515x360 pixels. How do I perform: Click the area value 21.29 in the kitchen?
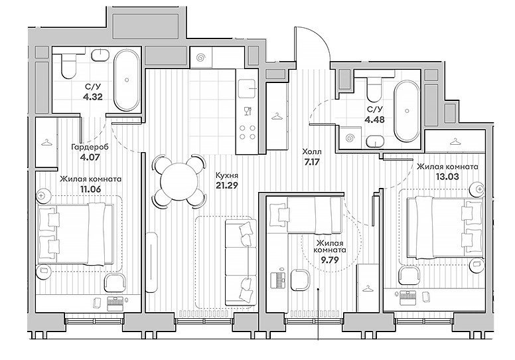226,185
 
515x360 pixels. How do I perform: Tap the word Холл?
312,152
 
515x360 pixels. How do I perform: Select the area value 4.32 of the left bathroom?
94,97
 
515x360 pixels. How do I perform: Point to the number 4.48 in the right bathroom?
374,119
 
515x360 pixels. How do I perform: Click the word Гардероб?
90,147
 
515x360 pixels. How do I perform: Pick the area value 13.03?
447,176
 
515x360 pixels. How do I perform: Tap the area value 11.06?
91,189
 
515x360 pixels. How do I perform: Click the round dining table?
179,181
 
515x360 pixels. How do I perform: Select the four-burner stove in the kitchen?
248,132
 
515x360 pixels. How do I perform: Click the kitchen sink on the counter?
248,88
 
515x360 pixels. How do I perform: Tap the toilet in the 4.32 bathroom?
68,66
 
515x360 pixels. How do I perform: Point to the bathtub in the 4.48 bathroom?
407,111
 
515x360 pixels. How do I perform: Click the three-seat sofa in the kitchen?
241,262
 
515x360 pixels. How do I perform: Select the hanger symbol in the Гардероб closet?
46,142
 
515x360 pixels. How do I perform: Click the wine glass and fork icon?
248,111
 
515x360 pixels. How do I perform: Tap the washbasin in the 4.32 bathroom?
100,54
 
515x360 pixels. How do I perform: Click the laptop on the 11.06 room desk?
115,304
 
